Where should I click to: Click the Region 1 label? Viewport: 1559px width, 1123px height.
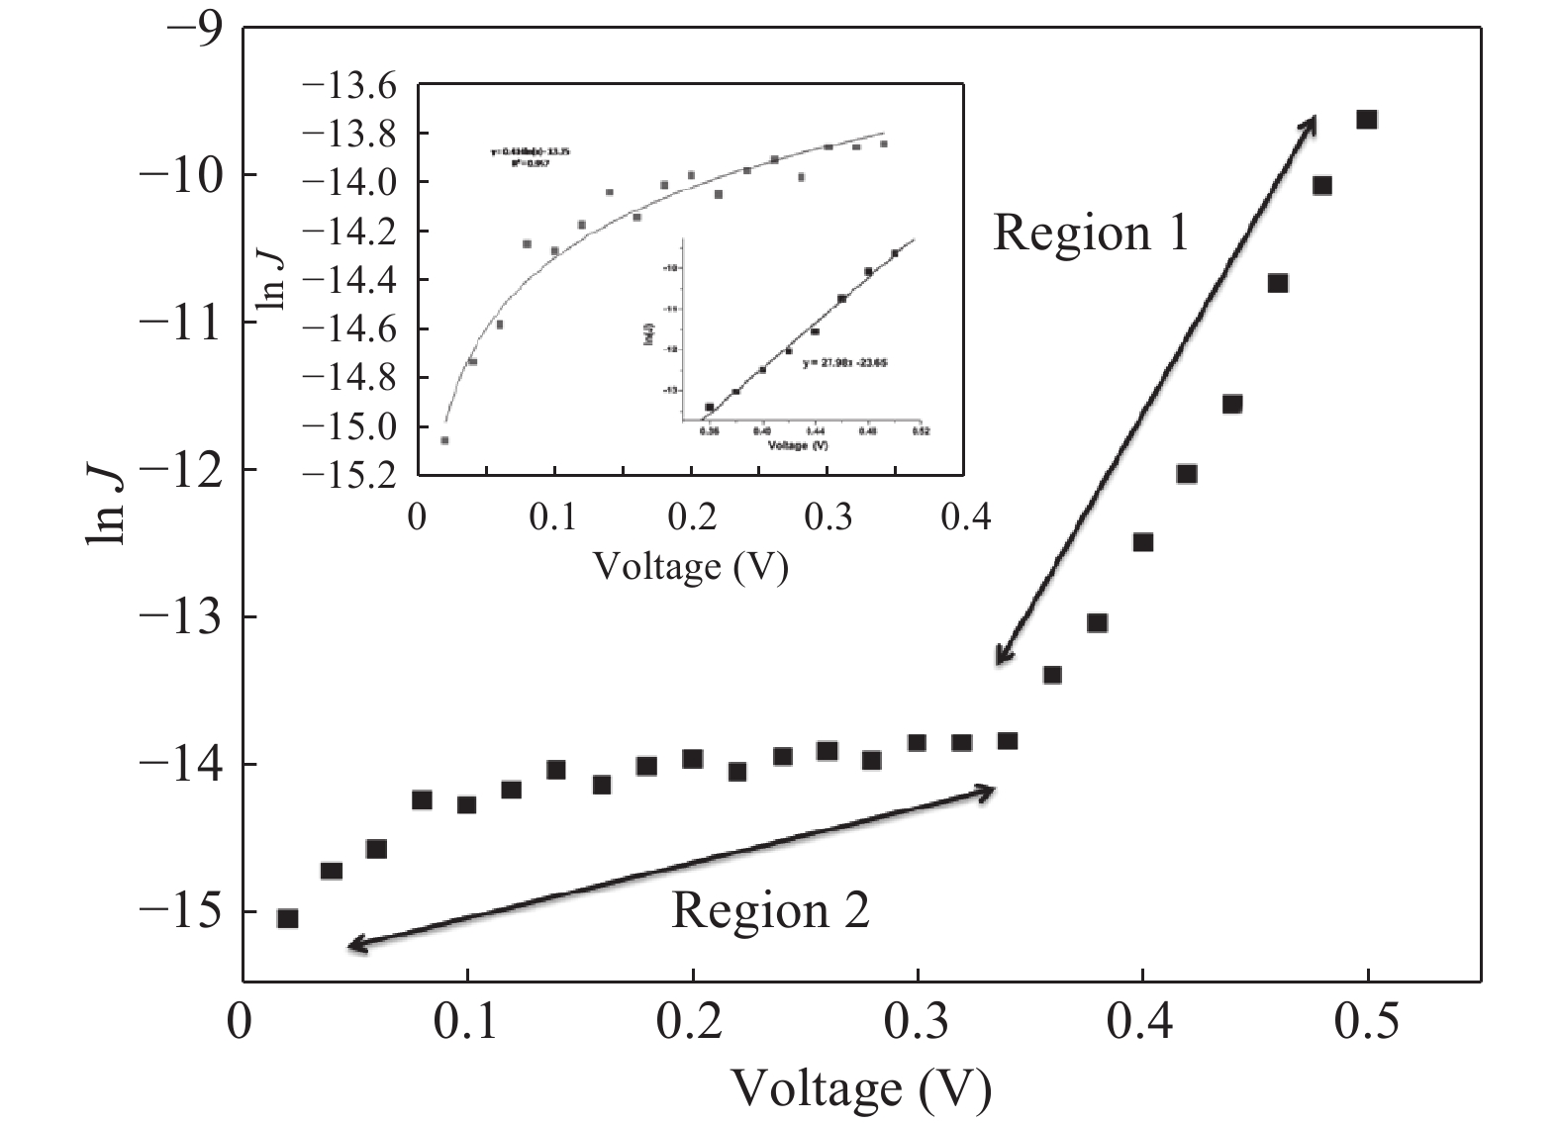click(x=1090, y=233)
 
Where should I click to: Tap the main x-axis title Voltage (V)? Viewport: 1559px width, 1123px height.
click(x=861, y=1089)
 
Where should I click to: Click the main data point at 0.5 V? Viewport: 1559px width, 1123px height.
click(x=1367, y=120)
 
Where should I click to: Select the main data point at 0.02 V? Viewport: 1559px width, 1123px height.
click(x=287, y=918)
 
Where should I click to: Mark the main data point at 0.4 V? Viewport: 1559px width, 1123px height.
click(x=1142, y=542)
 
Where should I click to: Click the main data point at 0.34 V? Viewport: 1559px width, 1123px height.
click(x=1008, y=741)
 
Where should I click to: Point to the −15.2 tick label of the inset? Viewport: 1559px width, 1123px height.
click(x=355, y=476)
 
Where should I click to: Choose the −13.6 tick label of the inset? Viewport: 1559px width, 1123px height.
click(x=355, y=86)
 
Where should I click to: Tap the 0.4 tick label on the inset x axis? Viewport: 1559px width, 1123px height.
click(x=965, y=517)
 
